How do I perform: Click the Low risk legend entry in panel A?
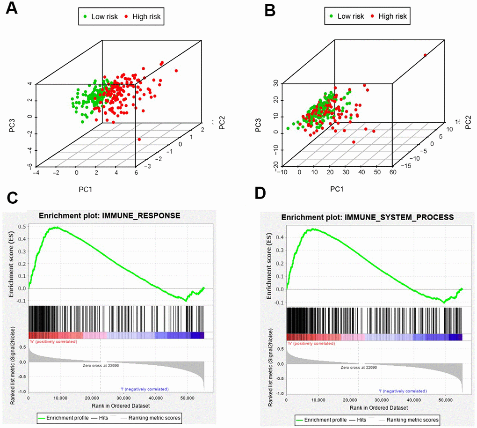(x=99, y=17)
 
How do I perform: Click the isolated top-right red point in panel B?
(x=425, y=55)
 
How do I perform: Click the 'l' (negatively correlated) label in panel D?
(x=402, y=391)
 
